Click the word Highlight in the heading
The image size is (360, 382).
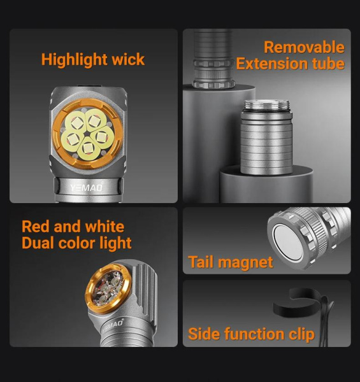(x=75, y=60)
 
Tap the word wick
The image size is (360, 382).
(x=128, y=59)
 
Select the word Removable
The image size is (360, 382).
(x=304, y=46)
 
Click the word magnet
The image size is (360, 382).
(x=245, y=262)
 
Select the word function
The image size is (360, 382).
(x=254, y=334)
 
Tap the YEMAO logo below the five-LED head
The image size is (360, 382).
(x=87, y=188)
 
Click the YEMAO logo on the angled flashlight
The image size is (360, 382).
(x=113, y=326)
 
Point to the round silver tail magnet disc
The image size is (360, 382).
(x=288, y=244)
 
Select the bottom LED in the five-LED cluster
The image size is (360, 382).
(x=87, y=148)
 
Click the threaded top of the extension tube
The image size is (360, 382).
(x=267, y=106)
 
